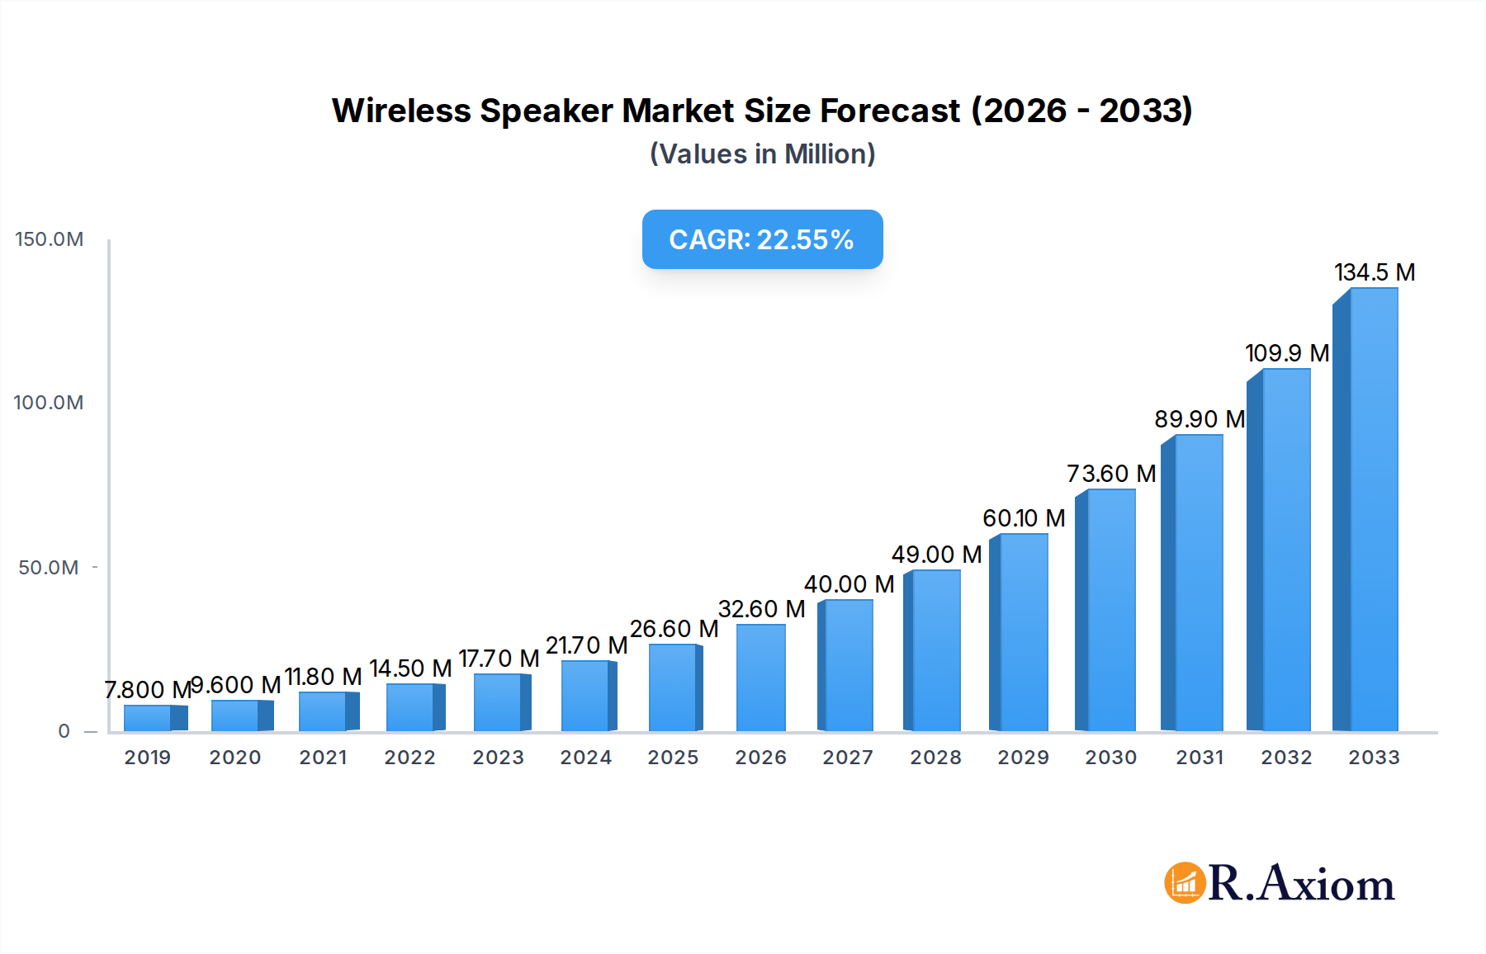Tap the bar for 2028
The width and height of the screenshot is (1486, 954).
click(x=935, y=650)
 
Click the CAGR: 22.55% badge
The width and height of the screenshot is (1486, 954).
click(x=762, y=239)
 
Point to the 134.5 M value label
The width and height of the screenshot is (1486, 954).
click(x=1375, y=272)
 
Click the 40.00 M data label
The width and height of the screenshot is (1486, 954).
click(x=849, y=584)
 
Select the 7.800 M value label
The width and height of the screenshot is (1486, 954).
click(x=148, y=689)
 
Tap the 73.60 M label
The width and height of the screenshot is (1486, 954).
click(x=1111, y=474)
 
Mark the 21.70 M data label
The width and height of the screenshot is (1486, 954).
click(x=586, y=645)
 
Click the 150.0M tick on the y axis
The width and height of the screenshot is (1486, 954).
click(x=50, y=239)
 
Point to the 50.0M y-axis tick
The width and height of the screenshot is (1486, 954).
click(x=49, y=568)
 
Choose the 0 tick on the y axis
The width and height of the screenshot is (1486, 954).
click(x=64, y=731)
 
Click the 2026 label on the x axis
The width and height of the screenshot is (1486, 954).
click(x=760, y=758)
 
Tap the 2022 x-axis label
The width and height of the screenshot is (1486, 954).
click(x=409, y=758)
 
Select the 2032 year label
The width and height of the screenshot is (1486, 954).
click(x=1286, y=758)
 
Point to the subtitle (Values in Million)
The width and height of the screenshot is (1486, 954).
click(x=762, y=154)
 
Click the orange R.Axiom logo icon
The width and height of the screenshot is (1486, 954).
click(x=1185, y=883)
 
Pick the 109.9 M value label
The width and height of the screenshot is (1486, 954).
click(x=1287, y=353)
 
